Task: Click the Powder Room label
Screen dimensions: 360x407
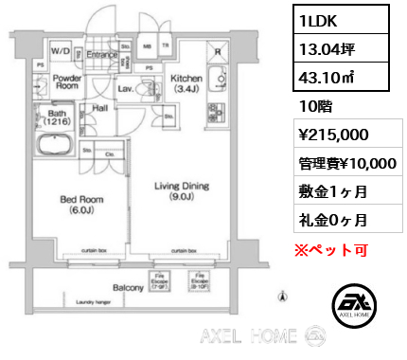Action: [x=67, y=82]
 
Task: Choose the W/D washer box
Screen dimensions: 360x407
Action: [x=61, y=50]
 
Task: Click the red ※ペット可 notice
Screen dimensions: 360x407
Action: [x=328, y=250]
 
